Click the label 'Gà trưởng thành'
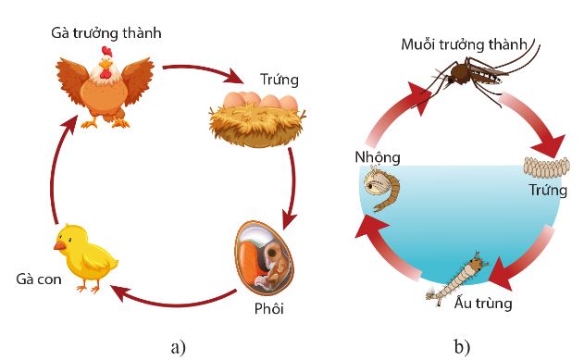[106, 33]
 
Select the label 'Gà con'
[38, 279]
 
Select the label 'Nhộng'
[376, 155]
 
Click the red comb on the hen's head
[108, 51]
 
